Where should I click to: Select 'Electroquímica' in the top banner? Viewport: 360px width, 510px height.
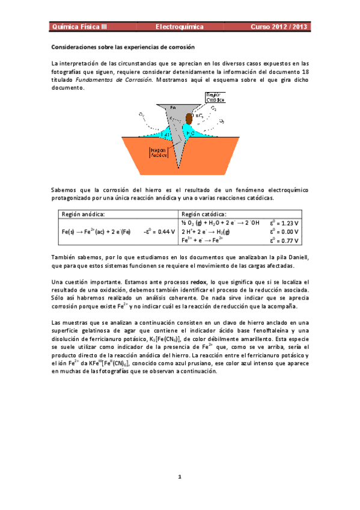point(180,27)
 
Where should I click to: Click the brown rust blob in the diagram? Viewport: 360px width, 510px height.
point(189,118)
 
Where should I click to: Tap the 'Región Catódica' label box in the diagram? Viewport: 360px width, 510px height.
point(215,97)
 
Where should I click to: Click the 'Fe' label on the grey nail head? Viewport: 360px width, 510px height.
point(172,107)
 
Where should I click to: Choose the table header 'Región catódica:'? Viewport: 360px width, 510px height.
point(204,214)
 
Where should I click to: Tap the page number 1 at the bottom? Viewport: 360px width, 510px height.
point(180,477)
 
